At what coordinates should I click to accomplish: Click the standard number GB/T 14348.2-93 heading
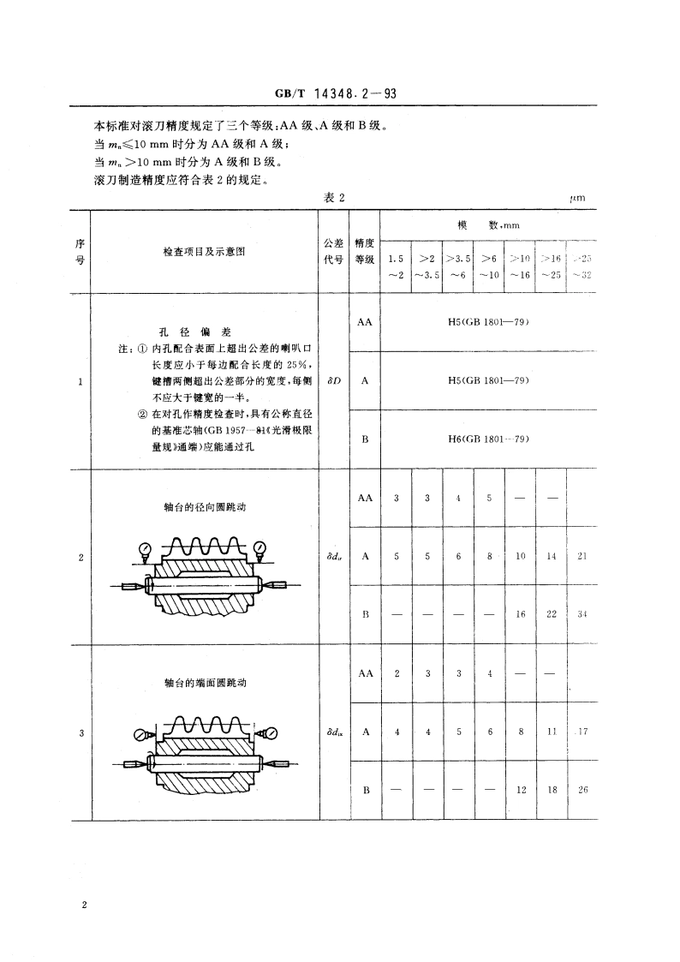coord(340,97)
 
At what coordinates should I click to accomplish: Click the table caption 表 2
coord(334,198)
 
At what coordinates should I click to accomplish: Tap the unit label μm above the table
coord(576,198)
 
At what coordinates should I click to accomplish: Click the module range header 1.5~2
coord(395,266)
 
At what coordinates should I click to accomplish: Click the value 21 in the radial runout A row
coord(582,556)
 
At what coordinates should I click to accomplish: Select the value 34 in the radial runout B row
coord(582,614)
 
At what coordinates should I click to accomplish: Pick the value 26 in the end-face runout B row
coord(582,790)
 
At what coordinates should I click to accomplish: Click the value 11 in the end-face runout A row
coord(552,732)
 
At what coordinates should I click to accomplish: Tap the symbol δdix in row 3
coord(334,732)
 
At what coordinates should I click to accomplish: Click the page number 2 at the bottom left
coord(85,905)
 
